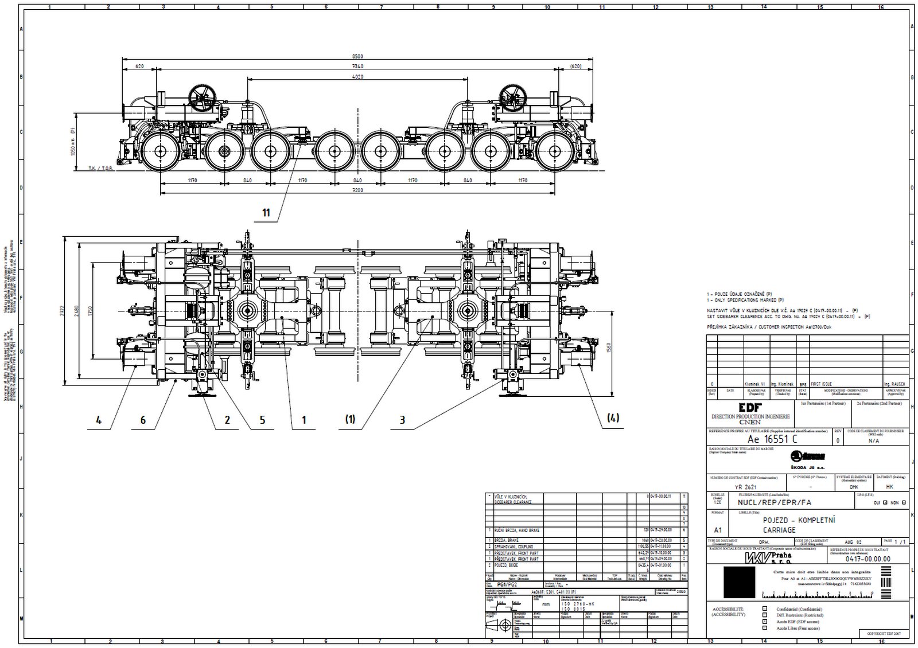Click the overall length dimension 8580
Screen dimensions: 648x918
pyautogui.click(x=358, y=56)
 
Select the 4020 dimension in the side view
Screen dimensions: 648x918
pyautogui.click(x=357, y=76)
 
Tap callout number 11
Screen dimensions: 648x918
pyautogui.click(x=266, y=213)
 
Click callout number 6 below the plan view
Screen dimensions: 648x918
pyautogui.click(x=143, y=420)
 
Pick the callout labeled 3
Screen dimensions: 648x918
pyautogui.click(x=402, y=420)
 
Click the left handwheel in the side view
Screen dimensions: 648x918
pyautogui.click(x=204, y=98)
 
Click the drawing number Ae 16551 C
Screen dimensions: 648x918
pyautogui.click(x=764, y=439)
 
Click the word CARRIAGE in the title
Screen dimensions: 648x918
pyautogui.click(x=779, y=530)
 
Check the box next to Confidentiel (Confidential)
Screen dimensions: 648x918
pyautogui.click(x=764, y=608)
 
